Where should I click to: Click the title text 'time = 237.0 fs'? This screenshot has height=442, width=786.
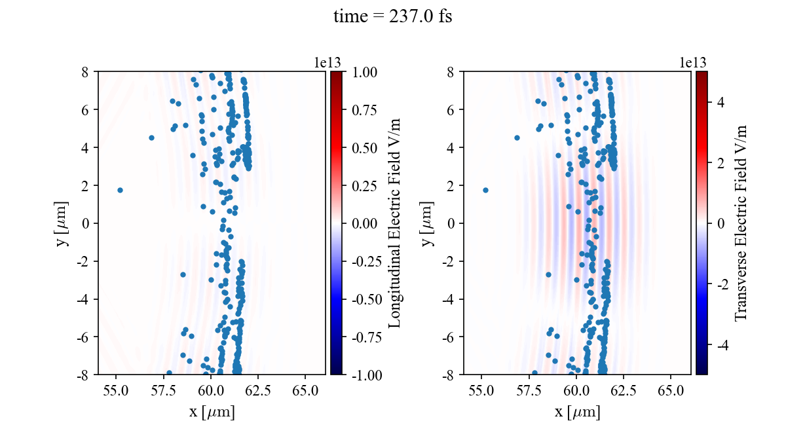click(x=392, y=17)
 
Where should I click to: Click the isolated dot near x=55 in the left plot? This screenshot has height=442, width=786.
click(x=120, y=190)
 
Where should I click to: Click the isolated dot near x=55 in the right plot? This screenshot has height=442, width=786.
click(x=485, y=190)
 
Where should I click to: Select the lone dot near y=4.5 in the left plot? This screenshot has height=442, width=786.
click(x=151, y=138)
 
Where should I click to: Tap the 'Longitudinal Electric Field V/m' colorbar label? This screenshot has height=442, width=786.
click(x=395, y=223)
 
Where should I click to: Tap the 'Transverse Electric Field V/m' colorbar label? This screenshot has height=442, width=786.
click(x=741, y=223)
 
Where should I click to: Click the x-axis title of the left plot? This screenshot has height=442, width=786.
click(x=212, y=413)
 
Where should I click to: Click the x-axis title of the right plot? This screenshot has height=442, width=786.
click(x=577, y=413)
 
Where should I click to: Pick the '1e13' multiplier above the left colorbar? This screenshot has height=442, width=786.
click(x=327, y=62)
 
